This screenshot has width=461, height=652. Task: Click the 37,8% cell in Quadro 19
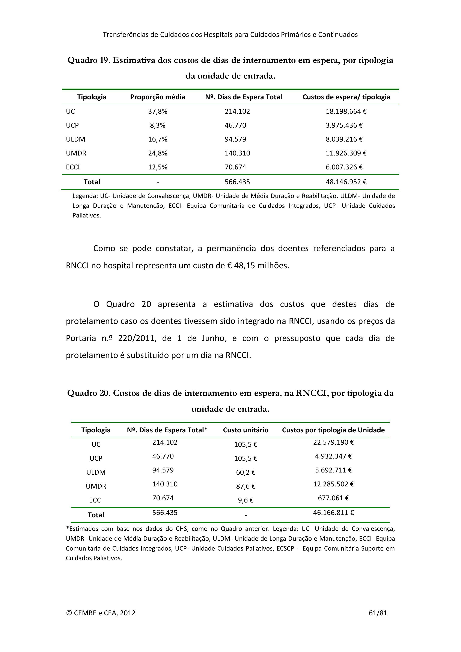158,111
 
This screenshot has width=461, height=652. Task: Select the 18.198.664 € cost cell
346,111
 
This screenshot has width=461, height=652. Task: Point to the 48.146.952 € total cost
346,182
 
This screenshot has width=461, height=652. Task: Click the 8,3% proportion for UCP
158,125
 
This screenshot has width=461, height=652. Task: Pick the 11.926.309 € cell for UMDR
346,153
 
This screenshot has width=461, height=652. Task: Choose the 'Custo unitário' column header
246,430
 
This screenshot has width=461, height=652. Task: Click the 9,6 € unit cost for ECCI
246,500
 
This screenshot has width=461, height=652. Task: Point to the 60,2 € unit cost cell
246,472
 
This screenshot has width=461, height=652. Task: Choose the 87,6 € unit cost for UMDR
246,486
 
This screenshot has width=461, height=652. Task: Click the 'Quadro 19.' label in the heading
89,60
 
